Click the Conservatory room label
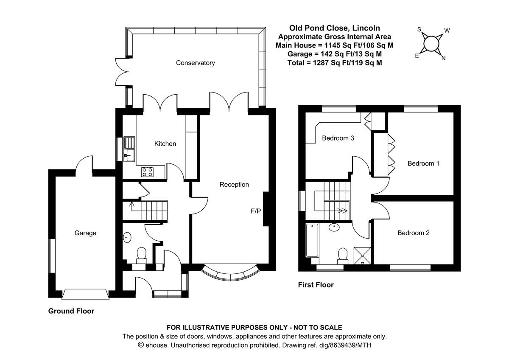[196, 63]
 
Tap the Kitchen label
[165, 144]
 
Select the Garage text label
[85, 233]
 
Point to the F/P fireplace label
[256, 211]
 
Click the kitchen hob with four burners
[148, 172]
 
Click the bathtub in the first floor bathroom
[312, 241]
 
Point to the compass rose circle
[431, 43]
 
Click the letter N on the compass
[443, 59]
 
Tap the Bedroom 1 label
[423, 163]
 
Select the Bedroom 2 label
[414, 233]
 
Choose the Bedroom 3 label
[338, 138]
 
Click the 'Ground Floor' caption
[71, 311]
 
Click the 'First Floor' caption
[316, 285]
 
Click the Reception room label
[234, 185]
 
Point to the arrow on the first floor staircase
[342, 210]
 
